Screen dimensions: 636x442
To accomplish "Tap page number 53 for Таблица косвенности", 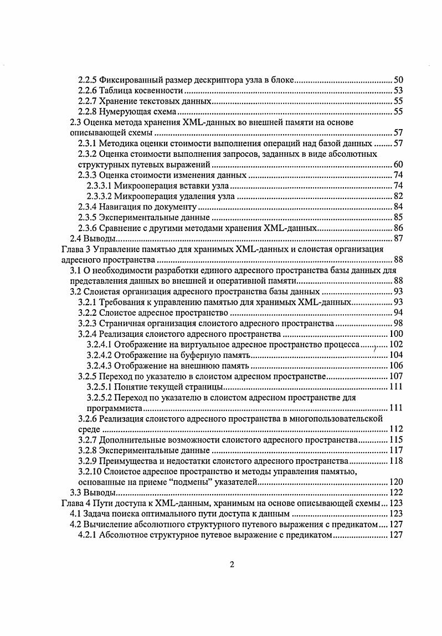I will tap(398, 90).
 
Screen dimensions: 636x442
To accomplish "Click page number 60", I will tap(398, 165).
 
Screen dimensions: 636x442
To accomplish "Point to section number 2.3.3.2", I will tap(102, 196).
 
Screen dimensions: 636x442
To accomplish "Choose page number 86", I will tap(398, 228).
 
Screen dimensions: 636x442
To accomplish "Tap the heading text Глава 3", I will tap(75, 249).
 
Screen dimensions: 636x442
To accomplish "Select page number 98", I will tap(398, 324).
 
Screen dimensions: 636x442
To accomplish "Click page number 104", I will tap(395, 355).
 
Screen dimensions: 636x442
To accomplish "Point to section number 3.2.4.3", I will tap(102, 366).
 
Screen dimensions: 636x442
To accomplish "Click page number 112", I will tap(395, 429).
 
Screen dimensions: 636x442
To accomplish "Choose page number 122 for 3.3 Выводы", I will tap(395, 493).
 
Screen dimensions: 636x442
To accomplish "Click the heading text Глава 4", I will tap(75, 503).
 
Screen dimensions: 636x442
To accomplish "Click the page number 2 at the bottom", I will tap(233, 565).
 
